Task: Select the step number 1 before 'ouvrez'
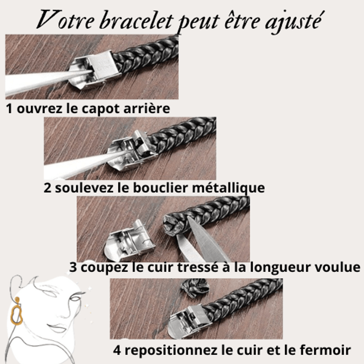pyautogui.click(x=9, y=109)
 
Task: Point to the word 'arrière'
pyautogui.click(x=147, y=109)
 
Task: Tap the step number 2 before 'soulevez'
pyautogui.click(x=48, y=188)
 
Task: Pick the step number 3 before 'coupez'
pyautogui.click(x=73, y=267)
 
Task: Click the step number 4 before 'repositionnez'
pyautogui.click(x=117, y=350)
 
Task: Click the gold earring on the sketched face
pyautogui.click(x=16, y=312)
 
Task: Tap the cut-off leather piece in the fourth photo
pyautogui.click(x=195, y=288)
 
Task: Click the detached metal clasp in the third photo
pyautogui.click(x=129, y=241)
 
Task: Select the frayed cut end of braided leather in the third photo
pyautogui.click(x=173, y=225)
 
